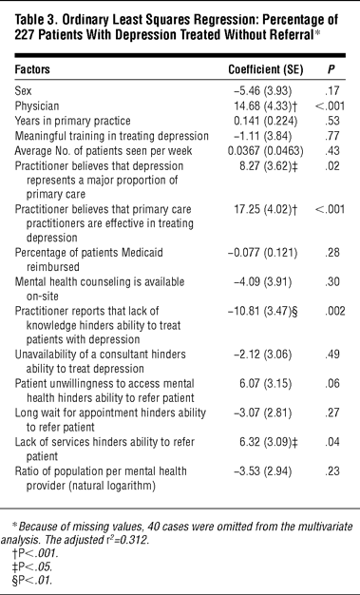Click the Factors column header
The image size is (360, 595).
tap(32, 69)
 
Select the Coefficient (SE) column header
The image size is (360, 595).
tap(266, 69)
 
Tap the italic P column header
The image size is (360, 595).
tap(332, 69)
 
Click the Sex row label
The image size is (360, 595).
tap(23, 91)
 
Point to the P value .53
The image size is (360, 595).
tap(332, 121)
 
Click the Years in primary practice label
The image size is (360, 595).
tap(72, 121)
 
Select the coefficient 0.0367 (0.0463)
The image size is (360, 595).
tap(266, 151)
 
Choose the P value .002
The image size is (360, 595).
tap(334, 311)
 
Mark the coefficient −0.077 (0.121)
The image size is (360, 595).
tap(263, 253)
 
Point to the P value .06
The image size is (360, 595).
tap(332, 384)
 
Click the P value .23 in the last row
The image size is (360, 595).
tap(332, 471)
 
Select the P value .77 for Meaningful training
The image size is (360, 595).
tap(332, 136)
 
